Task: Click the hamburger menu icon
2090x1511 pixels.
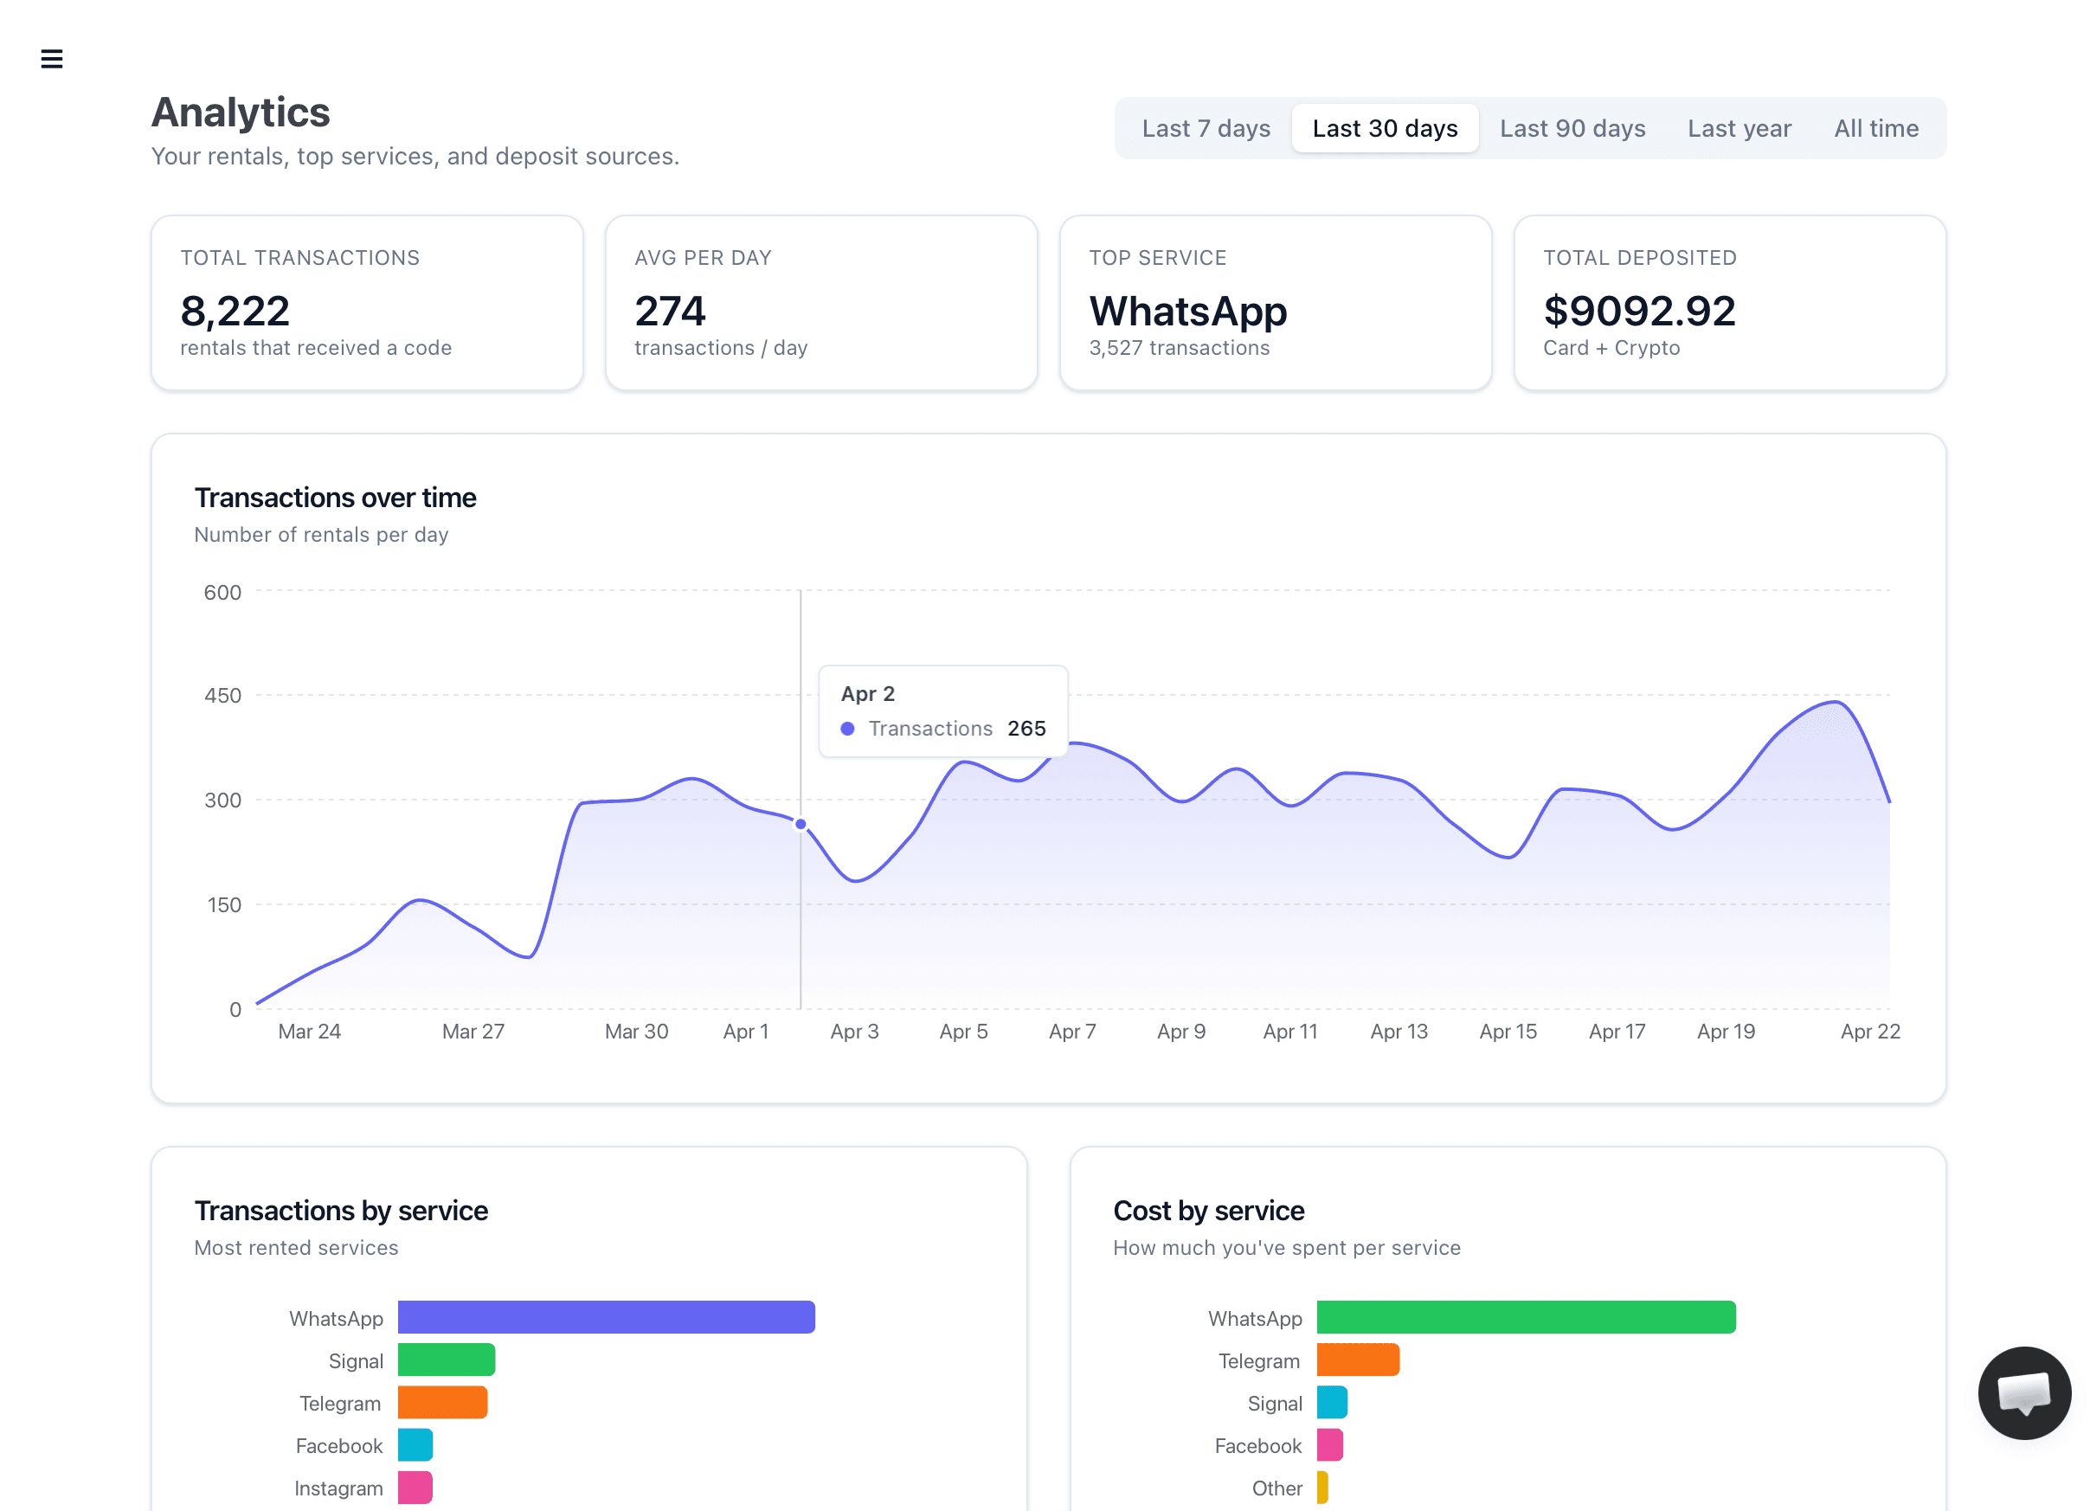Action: click(52, 59)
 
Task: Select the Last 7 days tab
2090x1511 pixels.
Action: click(1206, 128)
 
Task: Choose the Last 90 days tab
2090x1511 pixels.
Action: click(1572, 128)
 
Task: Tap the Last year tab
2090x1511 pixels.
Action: click(1739, 128)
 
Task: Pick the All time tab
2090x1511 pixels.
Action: click(1875, 128)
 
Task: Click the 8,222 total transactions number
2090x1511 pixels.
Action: click(235, 311)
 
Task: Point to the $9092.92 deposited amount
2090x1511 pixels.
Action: click(1638, 311)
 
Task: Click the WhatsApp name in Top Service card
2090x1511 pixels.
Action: click(1186, 311)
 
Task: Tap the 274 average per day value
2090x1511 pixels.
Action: click(670, 311)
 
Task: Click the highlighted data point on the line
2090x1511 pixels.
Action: click(801, 825)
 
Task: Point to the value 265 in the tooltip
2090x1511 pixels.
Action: click(1026, 729)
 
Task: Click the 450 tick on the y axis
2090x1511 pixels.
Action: click(222, 696)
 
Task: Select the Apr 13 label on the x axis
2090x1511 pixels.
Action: click(1398, 1031)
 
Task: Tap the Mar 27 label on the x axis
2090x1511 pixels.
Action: click(473, 1031)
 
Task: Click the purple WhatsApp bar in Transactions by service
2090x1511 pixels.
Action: click(606, 1317)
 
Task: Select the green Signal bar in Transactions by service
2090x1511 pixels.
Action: click(446, 1360)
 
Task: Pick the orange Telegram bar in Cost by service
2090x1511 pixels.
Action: click(1357, 1360)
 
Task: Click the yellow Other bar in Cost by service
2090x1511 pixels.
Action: click(1322, 1487)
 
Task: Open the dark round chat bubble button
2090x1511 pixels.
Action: click(2023, 1392)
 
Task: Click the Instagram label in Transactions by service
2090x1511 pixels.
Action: click(338, 1488)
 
